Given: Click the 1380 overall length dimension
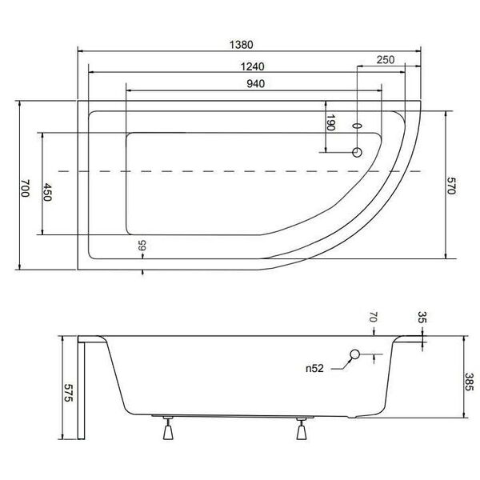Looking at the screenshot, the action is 242,45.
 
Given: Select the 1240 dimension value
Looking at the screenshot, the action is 252,66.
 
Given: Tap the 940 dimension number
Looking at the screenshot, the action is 256,83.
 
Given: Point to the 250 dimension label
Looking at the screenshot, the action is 386,60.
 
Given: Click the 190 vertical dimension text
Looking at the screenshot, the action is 330,122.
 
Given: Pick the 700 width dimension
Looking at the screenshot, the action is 25,188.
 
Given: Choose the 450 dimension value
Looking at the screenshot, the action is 47,192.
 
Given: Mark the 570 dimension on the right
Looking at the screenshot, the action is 451,186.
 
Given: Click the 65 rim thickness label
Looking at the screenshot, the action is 142,246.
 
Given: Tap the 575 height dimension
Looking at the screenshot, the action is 68,393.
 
